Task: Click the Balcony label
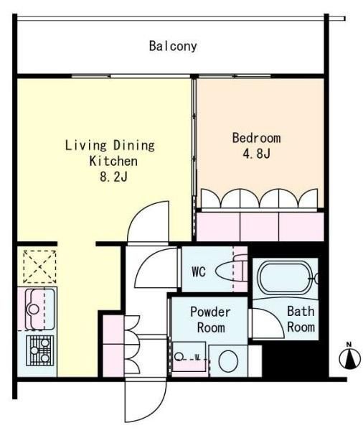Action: pyautogui.click(x=173, y=46)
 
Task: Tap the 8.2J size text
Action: pyautogui.click(x=113, y=177)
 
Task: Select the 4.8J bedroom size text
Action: pyautogui.click(x=256, y=154)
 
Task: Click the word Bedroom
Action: pyautogui.click(x=256, y=138)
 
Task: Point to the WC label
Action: pyautogui.click(x=199, y=271)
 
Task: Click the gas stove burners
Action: pyautogui.click(x=39, y=350)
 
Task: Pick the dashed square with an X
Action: pyautogui.click(x=39, y=266)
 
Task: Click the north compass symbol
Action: pyautogui.click(x=350, y=357)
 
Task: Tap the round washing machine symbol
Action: pyautogui.click(x=228, y=361)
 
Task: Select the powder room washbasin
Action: pyautogui.click(x=189, y=357)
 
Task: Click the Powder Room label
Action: pyautogui.click(x=211, y=320)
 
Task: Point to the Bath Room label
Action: pyautogui.click(x=301, y=320)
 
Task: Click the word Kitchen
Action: pyautogui.click(x=113, y=161)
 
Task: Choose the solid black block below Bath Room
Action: pyautogui.click(x=295, y=360)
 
